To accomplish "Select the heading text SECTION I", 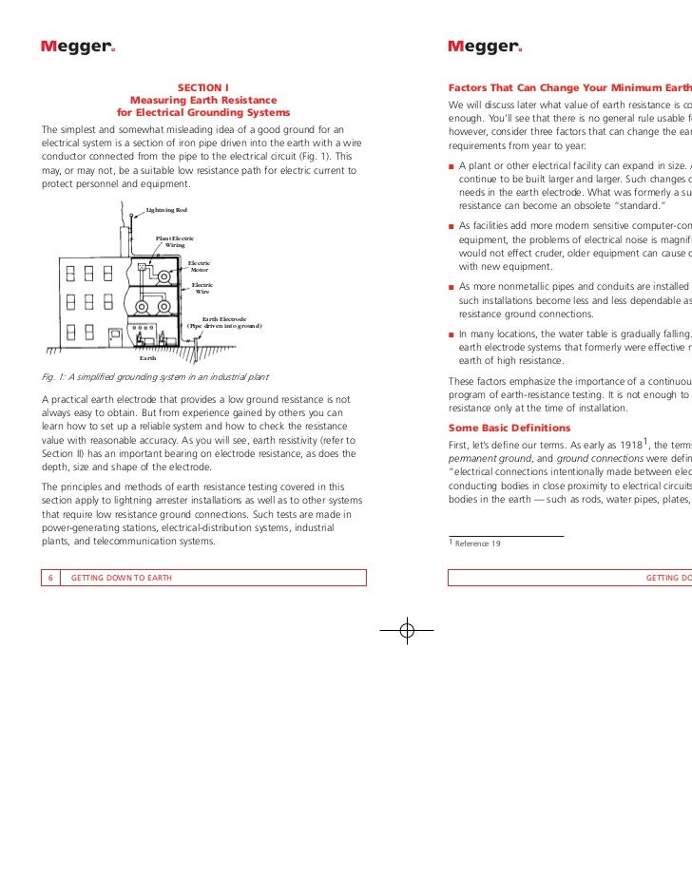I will tap(203, 88).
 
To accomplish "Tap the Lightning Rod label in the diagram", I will tap(166, 209).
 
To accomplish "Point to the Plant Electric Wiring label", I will tap(175, 241).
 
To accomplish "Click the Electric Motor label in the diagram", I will tap(200, 267).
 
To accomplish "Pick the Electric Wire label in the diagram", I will tap(202, 288).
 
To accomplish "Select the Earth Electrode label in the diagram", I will tap(223, 323).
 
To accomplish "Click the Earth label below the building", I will tap(148, 358).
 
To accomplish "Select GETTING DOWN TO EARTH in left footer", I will tap(121, 577).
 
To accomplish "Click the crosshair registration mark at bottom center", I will tap(406, 632).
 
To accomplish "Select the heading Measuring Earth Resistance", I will tap(203, 102).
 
